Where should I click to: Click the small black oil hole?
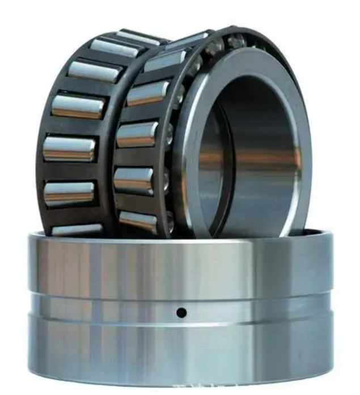click(x=181, y=312)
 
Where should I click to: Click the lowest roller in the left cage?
click(x=78, y=229)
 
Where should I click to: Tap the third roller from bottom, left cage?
click(x=69, y=148)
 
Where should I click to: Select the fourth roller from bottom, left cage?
click(x=78, y=107)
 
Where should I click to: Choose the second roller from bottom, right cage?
click(x=133, y=180)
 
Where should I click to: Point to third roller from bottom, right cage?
click(x=136, y=135)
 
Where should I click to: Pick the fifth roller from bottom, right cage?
click(x=164, y=60)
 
